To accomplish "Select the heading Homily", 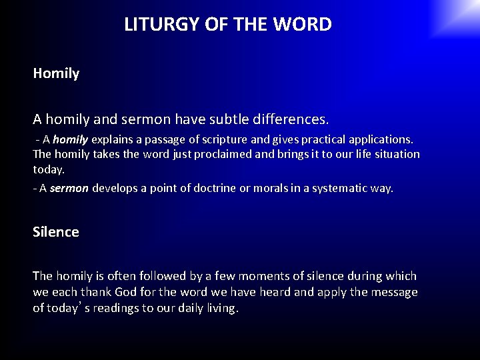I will pos(56,74).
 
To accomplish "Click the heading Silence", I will pos(56,232).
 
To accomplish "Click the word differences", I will pos(294,120).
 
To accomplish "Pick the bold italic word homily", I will pos(70,140).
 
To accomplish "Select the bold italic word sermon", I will pos(69,188).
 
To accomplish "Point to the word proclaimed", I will pos(209,154).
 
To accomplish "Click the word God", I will pos(127,292).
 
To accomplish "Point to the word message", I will pos(393,292).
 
